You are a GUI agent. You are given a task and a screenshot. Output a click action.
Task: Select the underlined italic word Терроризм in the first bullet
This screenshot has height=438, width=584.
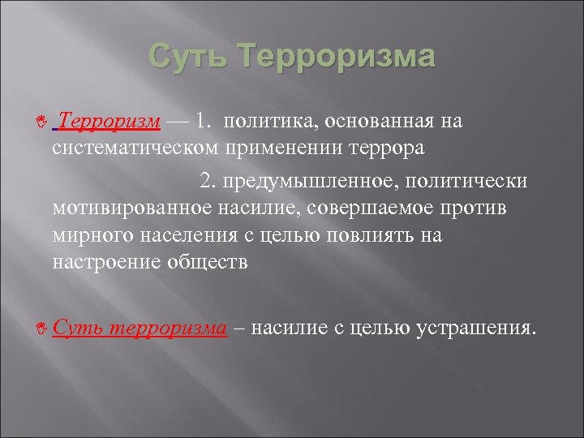click(x=109, y=122)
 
